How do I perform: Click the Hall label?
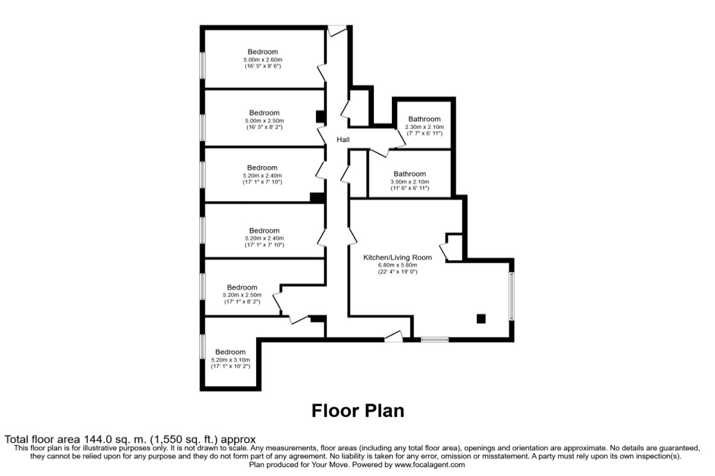[x=343, y=140]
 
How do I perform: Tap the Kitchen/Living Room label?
[x=397, y=258]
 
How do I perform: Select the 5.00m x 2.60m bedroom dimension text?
[x=263, y=60]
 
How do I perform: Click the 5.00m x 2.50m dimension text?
[x=264, y=121]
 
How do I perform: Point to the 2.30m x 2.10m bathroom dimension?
[x=424, y=127]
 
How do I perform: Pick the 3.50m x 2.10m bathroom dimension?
[x=409, y=181]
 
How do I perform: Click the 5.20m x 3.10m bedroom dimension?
[x=230, y=360]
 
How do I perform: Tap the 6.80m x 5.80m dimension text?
[x=397, y=265]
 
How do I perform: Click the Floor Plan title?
[x=358, y=410]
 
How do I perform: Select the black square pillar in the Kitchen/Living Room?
[x=481, y=319]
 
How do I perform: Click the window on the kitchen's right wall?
[x=512, y=296]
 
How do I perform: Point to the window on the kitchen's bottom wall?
[x=435, y=339]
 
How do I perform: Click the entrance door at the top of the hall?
[x=337, y=31]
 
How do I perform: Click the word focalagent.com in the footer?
[x=430, y=465]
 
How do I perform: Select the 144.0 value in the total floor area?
[x=95, y=440]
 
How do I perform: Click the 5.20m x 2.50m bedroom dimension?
[x=242, y=295]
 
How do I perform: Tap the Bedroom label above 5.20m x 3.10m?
[x=230, y=352]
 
